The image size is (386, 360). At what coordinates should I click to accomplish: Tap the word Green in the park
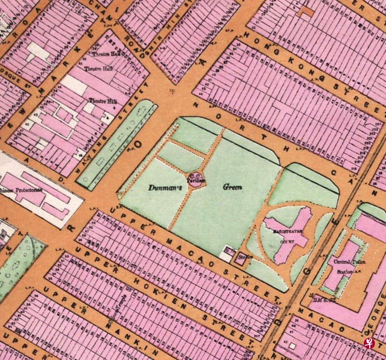232,187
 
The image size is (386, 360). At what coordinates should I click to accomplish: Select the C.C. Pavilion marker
196,178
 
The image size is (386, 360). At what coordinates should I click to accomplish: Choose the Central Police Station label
349,266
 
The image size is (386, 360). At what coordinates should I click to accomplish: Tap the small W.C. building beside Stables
226,253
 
